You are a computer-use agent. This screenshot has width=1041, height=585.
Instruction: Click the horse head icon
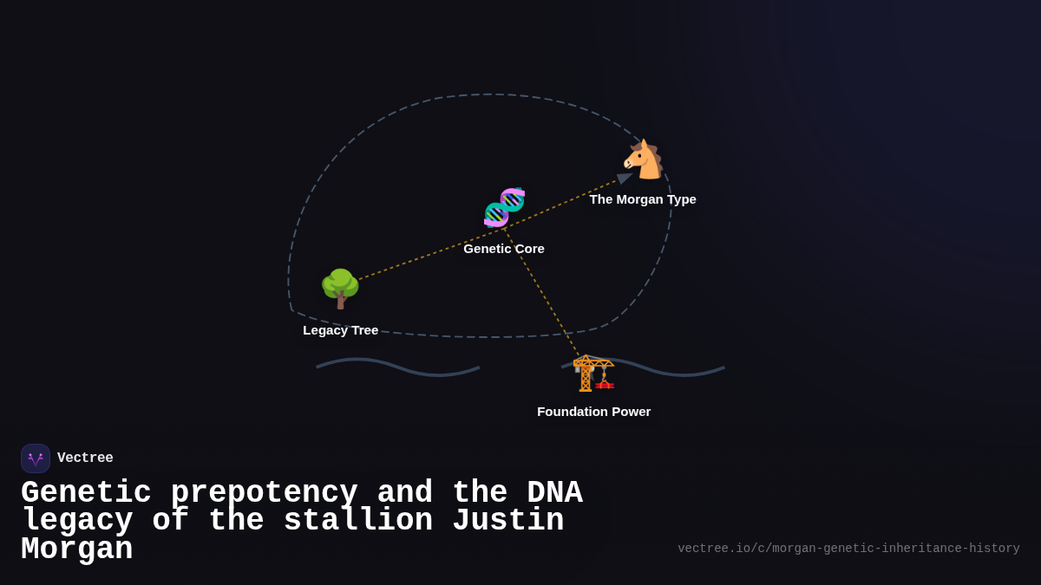click(643, 159)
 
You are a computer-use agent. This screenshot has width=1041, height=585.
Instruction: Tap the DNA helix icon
click(504, 207)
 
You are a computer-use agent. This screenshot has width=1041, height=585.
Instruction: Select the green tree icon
click(340, 289)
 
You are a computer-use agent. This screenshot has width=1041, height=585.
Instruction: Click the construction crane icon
click(593, 373)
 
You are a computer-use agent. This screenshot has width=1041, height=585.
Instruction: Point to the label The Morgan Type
click(643, 199)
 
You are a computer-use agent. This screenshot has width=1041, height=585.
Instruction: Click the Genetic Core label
click(504, 249)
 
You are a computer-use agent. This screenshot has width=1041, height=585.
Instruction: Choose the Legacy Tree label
click(340, 330)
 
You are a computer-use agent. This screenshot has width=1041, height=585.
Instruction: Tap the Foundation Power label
click(593, 412)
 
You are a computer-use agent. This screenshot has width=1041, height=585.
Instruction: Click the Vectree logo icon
click(36, 458)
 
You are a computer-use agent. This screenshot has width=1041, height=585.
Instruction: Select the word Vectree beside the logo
click(85, 458)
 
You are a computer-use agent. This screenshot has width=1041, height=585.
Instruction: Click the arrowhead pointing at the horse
click(624, 178)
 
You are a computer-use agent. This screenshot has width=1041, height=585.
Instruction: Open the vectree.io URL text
click(848, 549)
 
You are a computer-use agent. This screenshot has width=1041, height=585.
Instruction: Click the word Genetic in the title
click(86, 493)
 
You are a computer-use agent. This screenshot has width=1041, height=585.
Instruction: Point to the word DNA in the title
click(554, 493)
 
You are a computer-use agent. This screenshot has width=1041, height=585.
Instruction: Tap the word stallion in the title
click(357, 521)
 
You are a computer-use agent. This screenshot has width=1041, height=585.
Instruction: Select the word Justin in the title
click(507, 521)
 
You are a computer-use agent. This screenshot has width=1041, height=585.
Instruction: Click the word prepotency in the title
click(264, 493)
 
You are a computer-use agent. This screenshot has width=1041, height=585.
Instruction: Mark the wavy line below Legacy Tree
click(398, 367)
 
